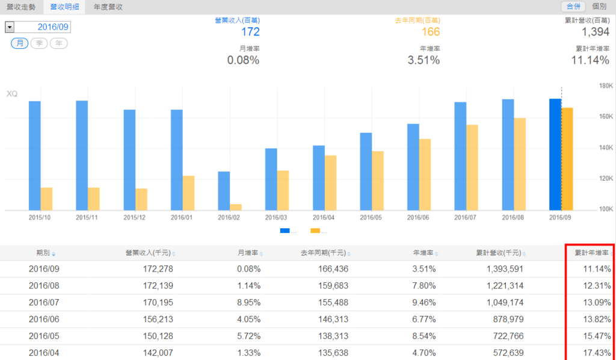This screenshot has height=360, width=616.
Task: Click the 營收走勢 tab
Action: point(22,7)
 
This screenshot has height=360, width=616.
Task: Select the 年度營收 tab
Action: point(108,7)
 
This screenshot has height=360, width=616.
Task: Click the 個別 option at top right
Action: point(599,7)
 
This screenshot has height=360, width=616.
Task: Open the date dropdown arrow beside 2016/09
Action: point(10,27)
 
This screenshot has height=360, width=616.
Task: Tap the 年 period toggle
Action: point(58,43)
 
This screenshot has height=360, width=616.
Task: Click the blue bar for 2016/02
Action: point(224,191)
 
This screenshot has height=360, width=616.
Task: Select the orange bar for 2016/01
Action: point(188,193)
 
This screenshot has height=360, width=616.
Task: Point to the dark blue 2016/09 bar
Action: point(555,154)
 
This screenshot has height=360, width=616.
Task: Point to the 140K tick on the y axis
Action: point(604,147)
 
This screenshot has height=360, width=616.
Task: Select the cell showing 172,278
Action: point(156,268)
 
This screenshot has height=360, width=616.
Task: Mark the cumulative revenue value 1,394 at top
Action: point(596,32)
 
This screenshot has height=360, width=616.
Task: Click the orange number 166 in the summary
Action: point(430,32)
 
